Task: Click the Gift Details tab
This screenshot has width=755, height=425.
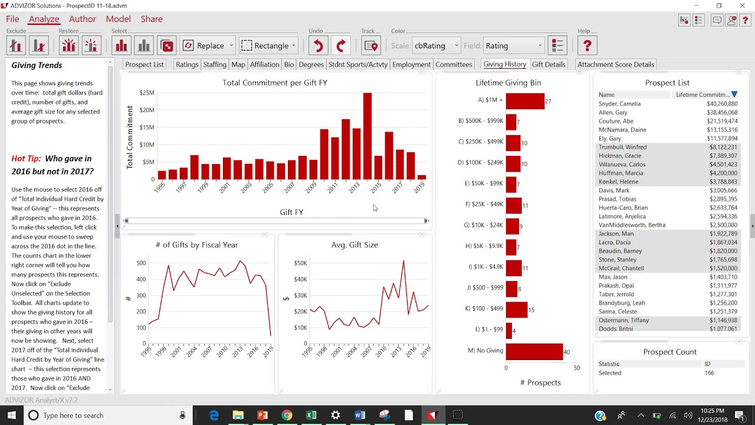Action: pyautogui.click(x=549, y=64)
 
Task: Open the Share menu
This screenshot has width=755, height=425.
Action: pyautogui.click(x=152, y=19)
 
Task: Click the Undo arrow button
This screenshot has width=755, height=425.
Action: pyautogui.click(x=318, y=45)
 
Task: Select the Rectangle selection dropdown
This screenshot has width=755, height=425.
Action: pyautogui.click(x=268, y=45)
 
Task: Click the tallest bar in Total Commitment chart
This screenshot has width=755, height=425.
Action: pyautogui.click(x=367, y=136)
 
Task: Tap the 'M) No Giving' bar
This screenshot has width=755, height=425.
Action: pyautogui.click(x=534, y=351)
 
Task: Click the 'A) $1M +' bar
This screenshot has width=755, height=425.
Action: pyautogui.click(x=525, y=101)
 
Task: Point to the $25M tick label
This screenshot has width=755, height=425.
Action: pyautogui.click(x=147, y=93)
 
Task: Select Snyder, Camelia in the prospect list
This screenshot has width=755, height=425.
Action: pyautogui.click(x=619, y=104)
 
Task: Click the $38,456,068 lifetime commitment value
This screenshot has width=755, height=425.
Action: pyautogui.click(x=722, y=113)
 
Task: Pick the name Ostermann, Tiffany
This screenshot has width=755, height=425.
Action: pyautogui.click(x=623, y=321)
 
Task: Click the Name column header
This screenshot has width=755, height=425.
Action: pyautogui.click(x=606, y=95)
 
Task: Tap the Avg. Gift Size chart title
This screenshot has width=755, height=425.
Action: pyautogui.click(x=354, y=245)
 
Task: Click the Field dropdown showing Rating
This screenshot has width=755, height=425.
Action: pyautogui.click(x=513, y=45)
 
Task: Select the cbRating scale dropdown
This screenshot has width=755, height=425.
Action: pyautogui.click(x=436, y=45)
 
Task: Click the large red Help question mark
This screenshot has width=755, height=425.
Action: pyautogui.click(x=587, y=45)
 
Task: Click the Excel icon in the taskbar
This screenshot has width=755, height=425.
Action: pyautogui.click(x=311, y=415)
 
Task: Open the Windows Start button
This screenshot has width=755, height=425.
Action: pyautogui.click(x=11, y=415)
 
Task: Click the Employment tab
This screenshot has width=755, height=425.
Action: pyautogui.click(x=411, y=64)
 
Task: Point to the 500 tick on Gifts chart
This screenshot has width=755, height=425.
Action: pyautogui.click(x=141, y=263)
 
